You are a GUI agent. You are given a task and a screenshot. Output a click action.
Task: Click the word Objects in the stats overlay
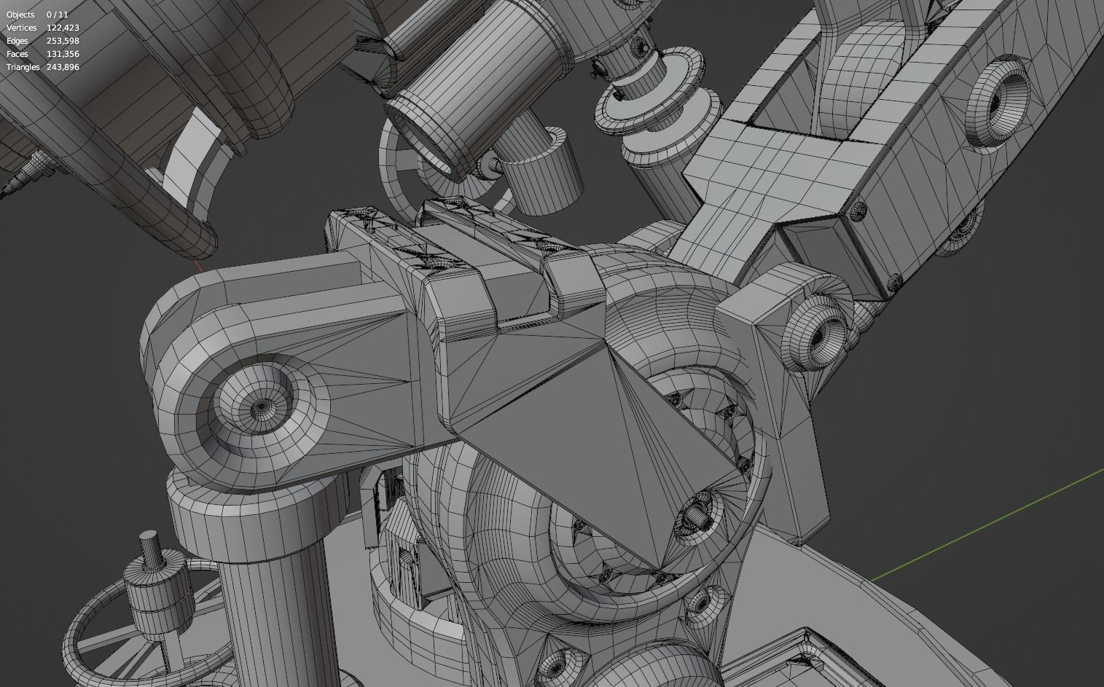pyautogui.click(x=20, y=15)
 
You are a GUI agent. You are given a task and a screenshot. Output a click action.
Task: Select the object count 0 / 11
pyautogui.click(x=58, y=15)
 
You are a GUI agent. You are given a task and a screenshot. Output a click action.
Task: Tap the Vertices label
pyautogui.click(x=22, y=28)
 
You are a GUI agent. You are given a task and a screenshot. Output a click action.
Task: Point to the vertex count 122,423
pyautogui.click(x=63, y=28)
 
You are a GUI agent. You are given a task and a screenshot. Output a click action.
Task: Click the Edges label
pyautogui.click(x=17, y=41)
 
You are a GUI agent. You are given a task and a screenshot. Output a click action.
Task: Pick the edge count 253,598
pyautogui.click(x=63, y=41)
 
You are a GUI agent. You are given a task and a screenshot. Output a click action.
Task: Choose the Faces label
pyautogui.click(x=17, y=54)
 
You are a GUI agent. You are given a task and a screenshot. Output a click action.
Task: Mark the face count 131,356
pyautogui.click(x=63, y=54)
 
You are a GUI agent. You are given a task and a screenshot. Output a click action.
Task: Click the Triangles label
pyautogui.click(x=23, y=67)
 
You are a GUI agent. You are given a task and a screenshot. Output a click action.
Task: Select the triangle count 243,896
pyautogui.click(x=63, y=67)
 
